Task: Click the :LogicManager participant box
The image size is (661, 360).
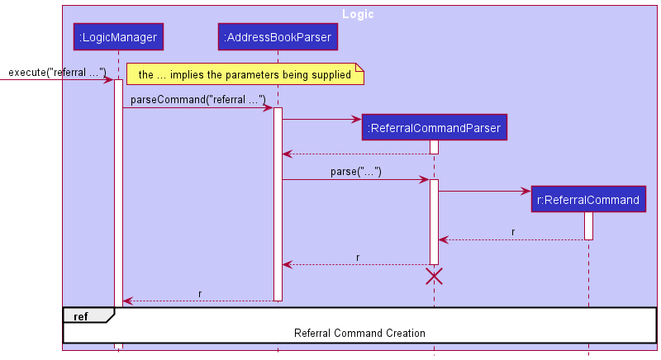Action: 117,37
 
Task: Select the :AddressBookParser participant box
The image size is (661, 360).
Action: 277,37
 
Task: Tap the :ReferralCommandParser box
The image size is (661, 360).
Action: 434,128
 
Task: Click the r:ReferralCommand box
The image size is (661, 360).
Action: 588,200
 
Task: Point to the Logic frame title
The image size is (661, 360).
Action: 357,14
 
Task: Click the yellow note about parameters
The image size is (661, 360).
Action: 245,75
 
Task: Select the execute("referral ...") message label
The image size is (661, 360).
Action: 57,73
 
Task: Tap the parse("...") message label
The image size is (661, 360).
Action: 356,173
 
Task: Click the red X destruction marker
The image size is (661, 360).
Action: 434,277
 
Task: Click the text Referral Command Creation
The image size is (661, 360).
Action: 359,334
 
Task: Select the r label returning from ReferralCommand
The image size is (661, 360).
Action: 513,232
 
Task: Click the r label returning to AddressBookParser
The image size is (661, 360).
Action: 357,257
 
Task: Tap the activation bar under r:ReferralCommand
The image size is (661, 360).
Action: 588,225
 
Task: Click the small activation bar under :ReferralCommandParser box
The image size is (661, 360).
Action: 434,147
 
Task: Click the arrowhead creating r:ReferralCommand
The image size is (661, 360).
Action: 525,192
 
